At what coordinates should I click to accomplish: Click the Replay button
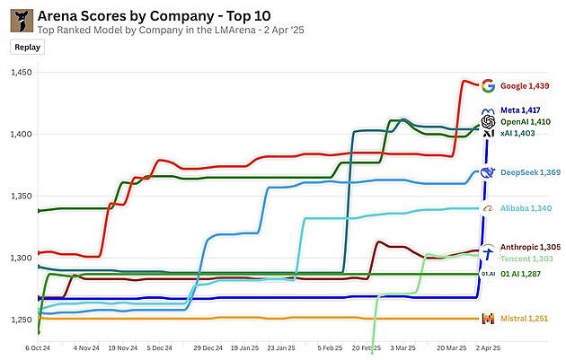point(27,47)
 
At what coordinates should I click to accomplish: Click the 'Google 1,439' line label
point(525,86)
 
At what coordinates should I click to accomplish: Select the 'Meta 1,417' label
point(522,110)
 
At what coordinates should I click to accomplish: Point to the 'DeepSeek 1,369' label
point(531,172)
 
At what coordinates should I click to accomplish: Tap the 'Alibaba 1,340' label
point(526,208)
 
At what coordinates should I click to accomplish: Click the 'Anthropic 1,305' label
point(530,247)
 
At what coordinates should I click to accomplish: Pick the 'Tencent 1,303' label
point(526,259)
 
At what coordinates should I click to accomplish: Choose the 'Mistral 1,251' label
point(525,319)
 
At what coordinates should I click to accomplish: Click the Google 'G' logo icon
point(488,86)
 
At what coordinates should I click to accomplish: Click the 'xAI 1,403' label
point(517,133)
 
